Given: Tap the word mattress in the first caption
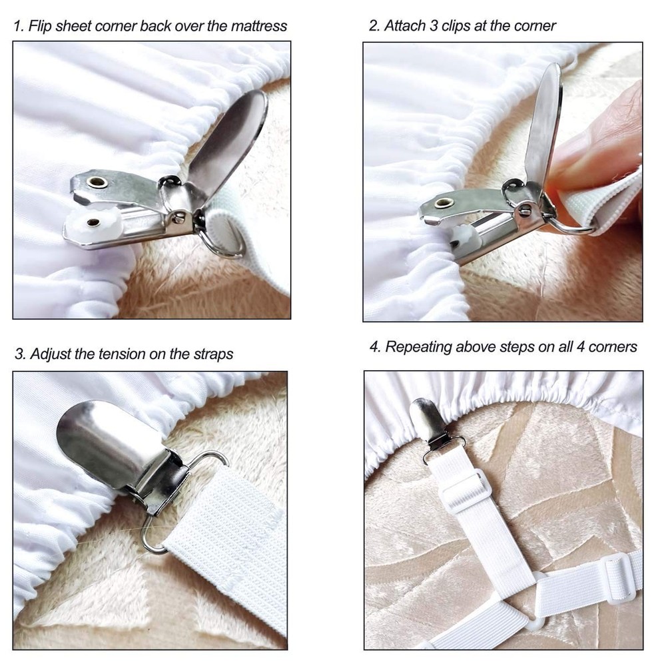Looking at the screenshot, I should [x=256, y=26].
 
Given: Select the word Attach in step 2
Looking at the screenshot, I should [x=406, y=26].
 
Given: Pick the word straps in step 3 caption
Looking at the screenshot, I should [x=212, y=354].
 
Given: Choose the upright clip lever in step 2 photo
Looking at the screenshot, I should [x=543, y=127].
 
